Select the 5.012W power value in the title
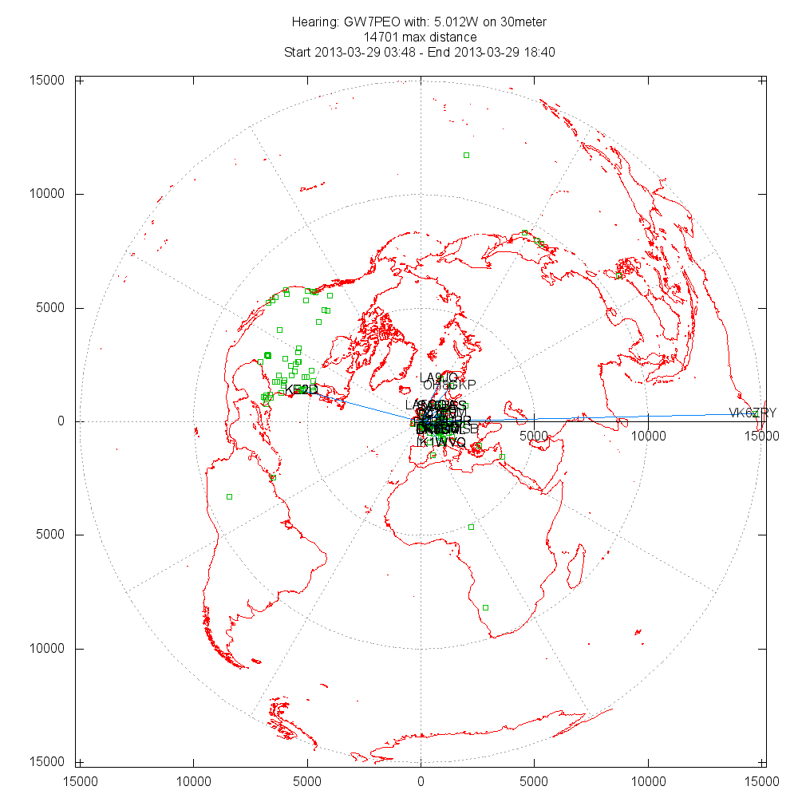click(448, 22)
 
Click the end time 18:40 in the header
click(539, 53)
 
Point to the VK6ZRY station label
click(753, 413)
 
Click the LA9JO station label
click(438, 377)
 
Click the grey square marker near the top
click(467, 155)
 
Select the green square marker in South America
click(229, 496)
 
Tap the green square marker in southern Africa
click(485, 607)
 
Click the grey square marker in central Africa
click(471, 527)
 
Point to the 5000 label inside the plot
click(534, 436)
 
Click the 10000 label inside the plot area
click(648, 436)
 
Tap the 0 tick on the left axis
click(66, 421)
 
